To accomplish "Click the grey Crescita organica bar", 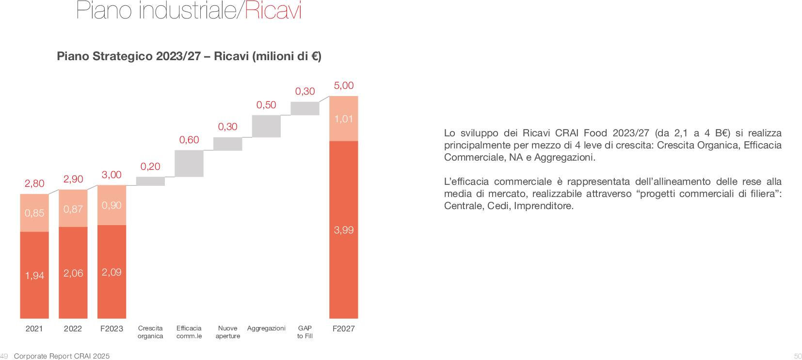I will pos(150,181).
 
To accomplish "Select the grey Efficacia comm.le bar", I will pos(189,164).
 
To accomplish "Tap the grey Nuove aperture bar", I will pos(228,144).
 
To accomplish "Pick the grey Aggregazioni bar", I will pos(266,126).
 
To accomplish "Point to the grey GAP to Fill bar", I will pos(305,108).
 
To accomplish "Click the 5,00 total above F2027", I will pos(344,86).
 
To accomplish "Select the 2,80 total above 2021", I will pos(34,183).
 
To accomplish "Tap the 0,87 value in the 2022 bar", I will pos(73,209).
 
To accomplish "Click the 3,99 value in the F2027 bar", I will pos(344,230).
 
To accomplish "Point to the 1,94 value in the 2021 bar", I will pos(34,276).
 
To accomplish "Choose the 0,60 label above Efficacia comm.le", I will pos(189,140).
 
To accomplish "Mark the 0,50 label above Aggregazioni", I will pos(266,105).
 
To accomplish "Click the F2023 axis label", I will pos(112,328).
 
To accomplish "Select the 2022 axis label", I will pos(73,328).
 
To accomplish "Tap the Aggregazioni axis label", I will pos(266,328).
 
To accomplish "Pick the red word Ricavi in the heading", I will pos(273,11).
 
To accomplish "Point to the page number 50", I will pos(798,356).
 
